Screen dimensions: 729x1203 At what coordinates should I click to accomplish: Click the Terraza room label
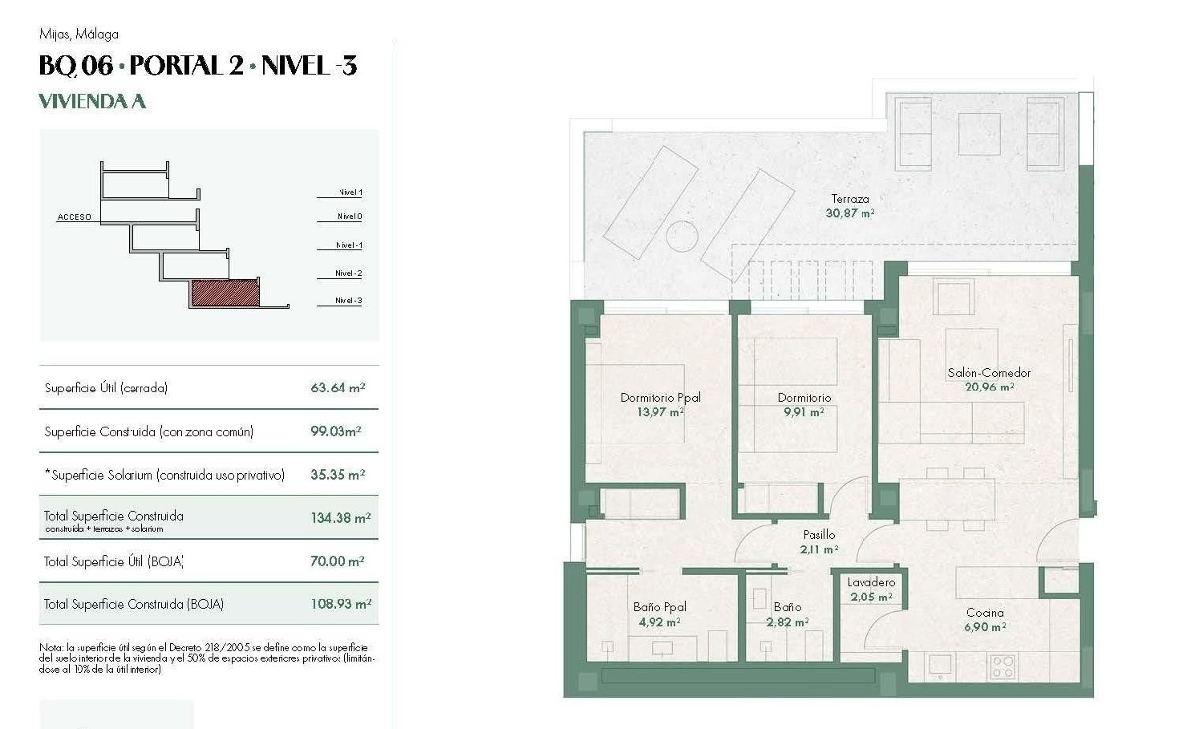849,199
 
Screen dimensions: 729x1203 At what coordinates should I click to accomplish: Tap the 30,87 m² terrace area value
849,213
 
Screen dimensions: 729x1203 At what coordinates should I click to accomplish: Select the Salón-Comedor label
989,372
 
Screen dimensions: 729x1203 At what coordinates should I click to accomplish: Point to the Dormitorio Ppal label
660,398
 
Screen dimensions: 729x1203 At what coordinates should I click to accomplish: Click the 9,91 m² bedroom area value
804,412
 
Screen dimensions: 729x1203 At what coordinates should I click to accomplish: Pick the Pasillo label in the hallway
819,535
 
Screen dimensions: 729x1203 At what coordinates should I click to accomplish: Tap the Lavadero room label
871,582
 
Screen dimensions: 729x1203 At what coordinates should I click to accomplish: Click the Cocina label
985,613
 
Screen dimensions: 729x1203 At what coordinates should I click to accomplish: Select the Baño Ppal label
659,607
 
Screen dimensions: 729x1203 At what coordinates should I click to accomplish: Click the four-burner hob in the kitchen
1003,666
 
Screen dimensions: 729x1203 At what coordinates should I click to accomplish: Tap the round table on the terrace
681,237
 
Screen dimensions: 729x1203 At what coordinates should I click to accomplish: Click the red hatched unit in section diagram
225,293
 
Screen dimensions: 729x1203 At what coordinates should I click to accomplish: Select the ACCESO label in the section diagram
74,217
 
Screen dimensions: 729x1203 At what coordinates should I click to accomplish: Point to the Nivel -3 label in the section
348,301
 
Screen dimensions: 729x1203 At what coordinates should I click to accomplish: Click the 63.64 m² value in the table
338,388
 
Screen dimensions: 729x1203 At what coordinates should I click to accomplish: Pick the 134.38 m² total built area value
340,518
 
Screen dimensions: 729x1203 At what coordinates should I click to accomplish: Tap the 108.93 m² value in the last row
340,605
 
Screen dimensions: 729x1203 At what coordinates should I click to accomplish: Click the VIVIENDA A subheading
92,101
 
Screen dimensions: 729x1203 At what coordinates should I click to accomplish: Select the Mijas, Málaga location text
79,34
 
